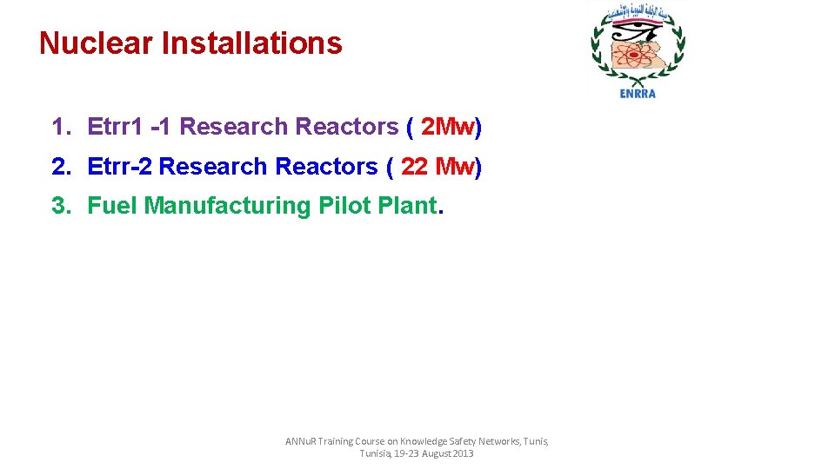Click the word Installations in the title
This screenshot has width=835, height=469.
click(252, 43)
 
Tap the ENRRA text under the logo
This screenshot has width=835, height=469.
click(638, 94)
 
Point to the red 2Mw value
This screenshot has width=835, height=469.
click(447, 127)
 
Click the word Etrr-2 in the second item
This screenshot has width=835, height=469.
click(120, 167)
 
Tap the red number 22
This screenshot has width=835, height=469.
click(414, 167)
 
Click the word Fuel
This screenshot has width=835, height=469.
click(113, 206)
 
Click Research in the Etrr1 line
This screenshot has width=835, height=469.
click(234, 127)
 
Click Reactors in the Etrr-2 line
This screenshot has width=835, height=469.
click(327, 167)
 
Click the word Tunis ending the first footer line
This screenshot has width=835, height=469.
click(534, 441)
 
